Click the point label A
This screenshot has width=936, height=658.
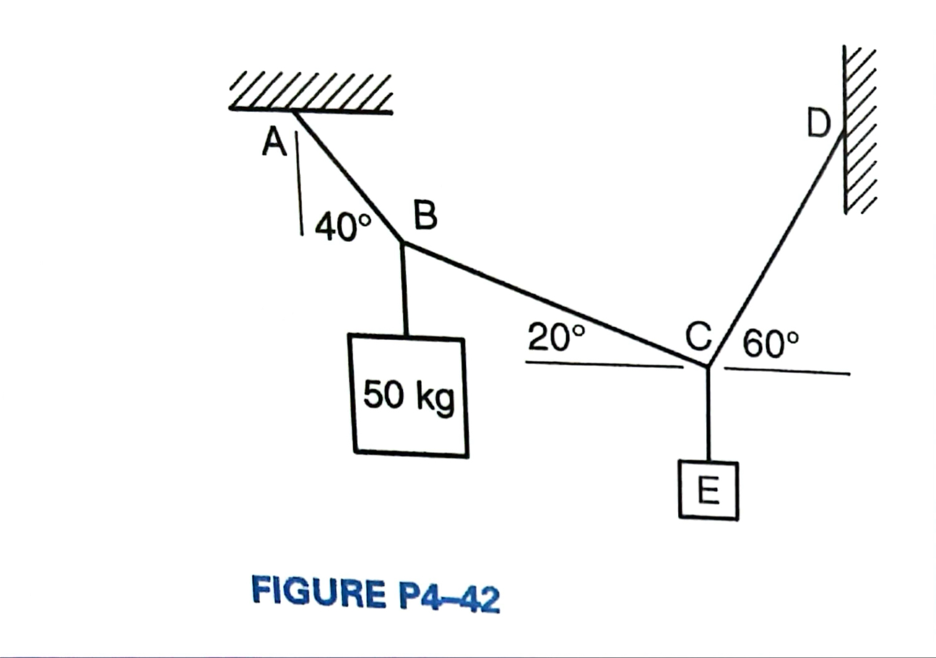coord(274,141)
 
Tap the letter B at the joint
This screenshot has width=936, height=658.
coord(425,215)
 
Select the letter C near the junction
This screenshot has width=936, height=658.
coord(698,336)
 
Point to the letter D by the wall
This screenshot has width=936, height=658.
coord(819,124)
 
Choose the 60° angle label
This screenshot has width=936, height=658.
coord(770,345)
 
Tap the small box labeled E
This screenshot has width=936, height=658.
coord(709,490)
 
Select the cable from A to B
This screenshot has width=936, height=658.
coord(348,176)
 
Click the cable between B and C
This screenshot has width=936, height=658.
coord(554,304)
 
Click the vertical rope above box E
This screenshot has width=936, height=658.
coord(708,414)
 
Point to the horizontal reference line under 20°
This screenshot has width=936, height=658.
coord(602,364)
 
